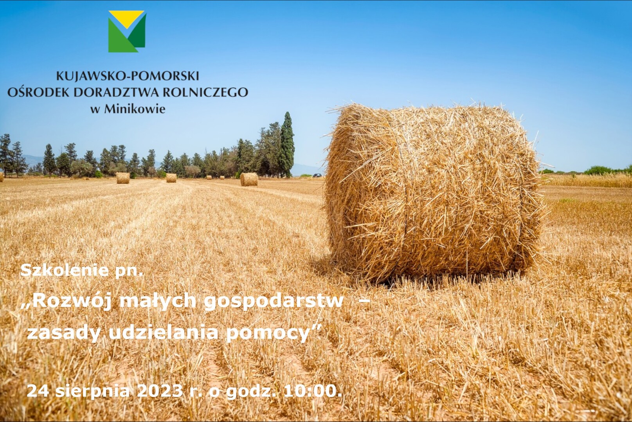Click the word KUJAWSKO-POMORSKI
128,76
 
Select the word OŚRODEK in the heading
37,92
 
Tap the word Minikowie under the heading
135,109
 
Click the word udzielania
163,333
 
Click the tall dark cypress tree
287,145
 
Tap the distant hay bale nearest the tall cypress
249,179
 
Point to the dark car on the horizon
317,175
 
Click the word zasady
64,334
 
